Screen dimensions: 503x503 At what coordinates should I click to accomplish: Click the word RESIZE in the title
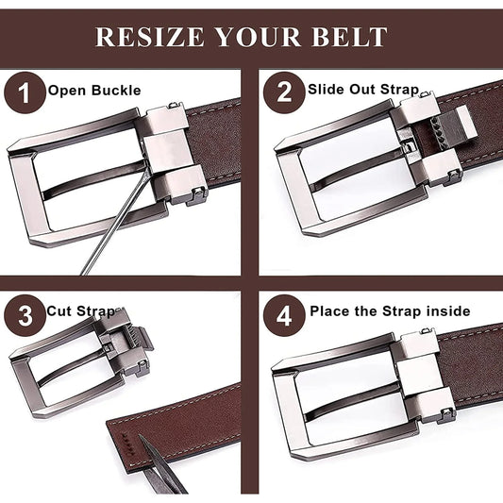point(146,37)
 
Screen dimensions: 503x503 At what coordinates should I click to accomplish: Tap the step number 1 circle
point(24,93)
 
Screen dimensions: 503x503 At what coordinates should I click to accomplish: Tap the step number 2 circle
point(283,93)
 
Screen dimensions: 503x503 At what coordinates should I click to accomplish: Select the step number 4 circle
point(283,313)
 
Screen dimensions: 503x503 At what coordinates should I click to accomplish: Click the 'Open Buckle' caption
point(94,92)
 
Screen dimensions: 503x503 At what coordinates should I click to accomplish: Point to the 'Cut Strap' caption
point(82,310)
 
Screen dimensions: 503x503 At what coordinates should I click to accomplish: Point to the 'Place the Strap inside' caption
point(390,310)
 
